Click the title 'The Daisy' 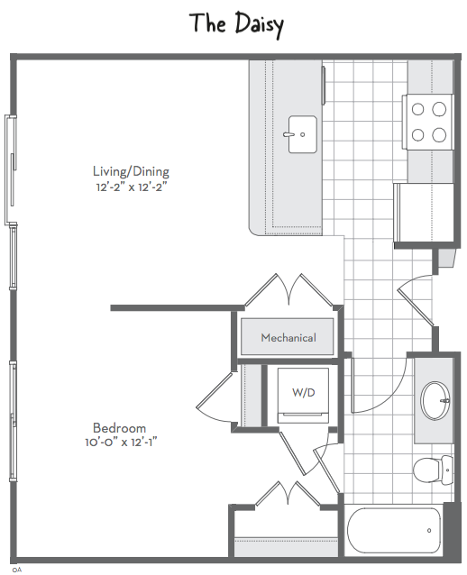[237, 24]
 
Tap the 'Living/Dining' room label [131, 171]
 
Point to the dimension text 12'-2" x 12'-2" [131, 187]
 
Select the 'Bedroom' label [119, 428]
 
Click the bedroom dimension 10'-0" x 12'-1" [121, 443]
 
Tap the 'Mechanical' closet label [288, 337]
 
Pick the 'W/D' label [304, 393]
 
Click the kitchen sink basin [303, 134]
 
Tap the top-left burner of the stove [417, 109]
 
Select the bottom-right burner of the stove [439, 135]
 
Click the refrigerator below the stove [424, 213]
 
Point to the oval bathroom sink [435, 400]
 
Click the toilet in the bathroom [434, 470]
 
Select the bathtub [394, 530]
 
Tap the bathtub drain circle [429, 530]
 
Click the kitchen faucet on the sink [289, 134]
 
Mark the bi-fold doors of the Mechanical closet [289, 289]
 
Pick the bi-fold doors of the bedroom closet [288, 494]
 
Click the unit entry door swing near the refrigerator [417, 300]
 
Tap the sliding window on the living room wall [11, 169]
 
